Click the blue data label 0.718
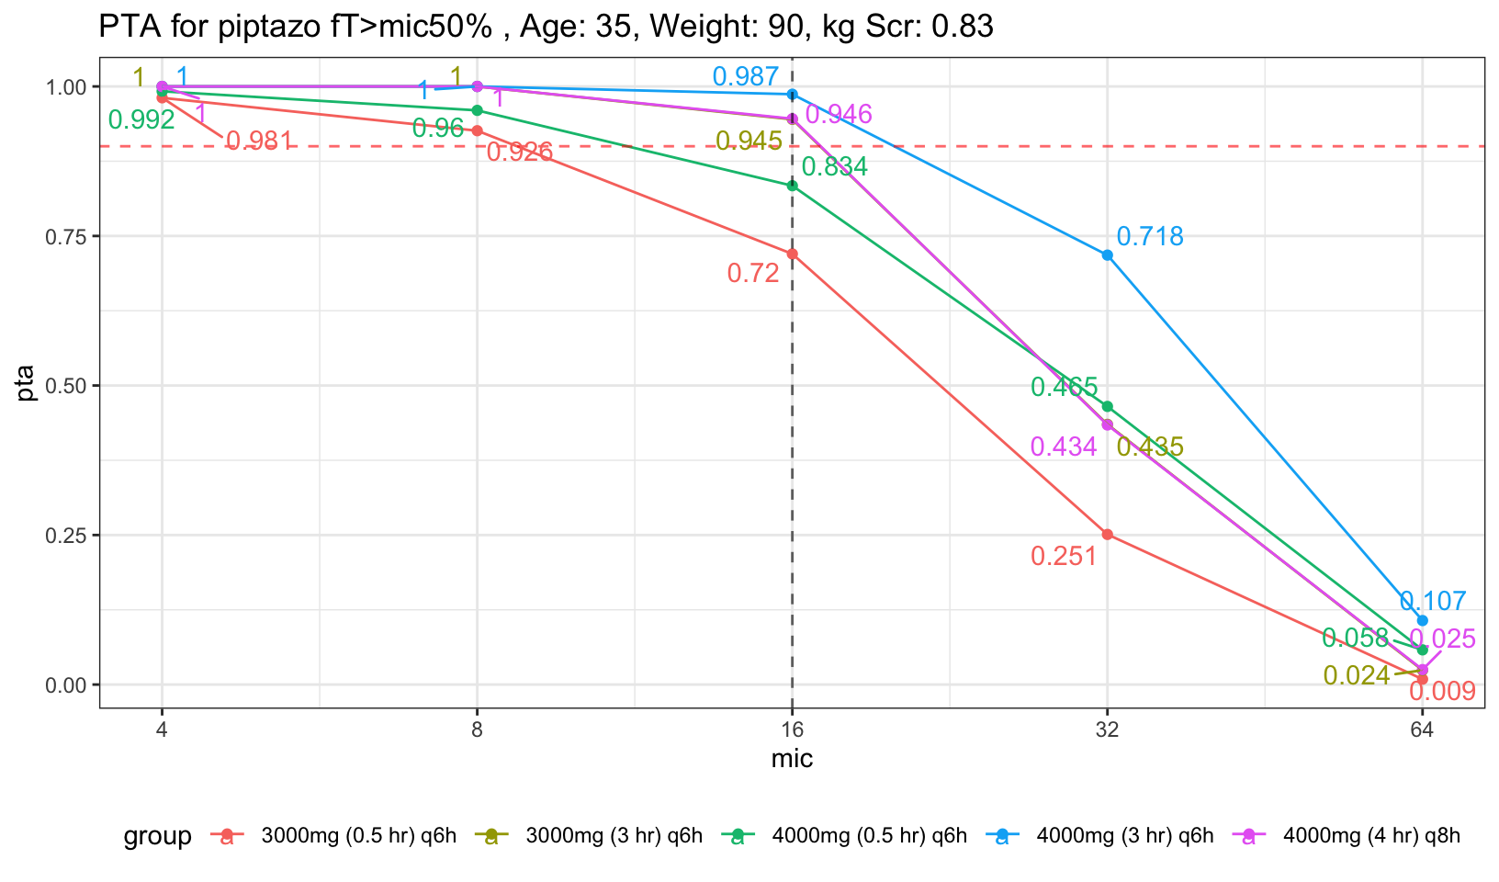coord(1150,237)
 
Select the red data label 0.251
coord(1064,556)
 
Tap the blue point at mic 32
coord(1108,255)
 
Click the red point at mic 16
coord(793,254)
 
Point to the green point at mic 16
coord(793,186)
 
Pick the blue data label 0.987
coord(746,77)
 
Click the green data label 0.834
coord(834,167)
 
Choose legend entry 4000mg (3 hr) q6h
coord(1124,836)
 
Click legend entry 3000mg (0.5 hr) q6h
coord(358,836)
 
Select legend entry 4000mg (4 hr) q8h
coord(1370,836)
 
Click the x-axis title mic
coord(792,760)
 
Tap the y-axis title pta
coord(27,384)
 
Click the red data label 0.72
coord(753,273)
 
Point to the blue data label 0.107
coord(1433,602)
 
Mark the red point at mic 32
coord(1108,534)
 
